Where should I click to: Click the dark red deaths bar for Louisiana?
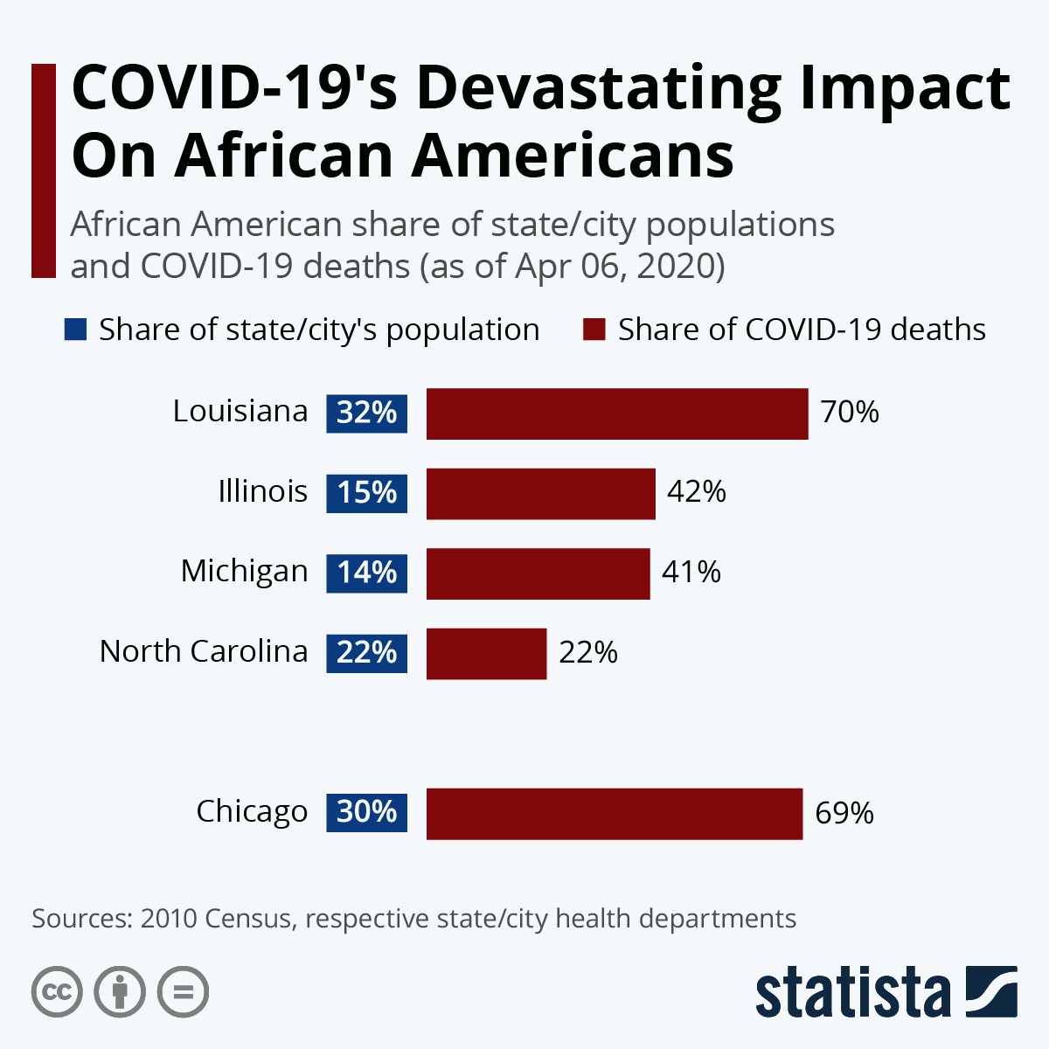pyautogui.click(x=617, y=413)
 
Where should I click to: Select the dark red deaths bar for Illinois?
pyautogui.click(x=540, y=494)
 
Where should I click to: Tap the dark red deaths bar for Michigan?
pyautogui.click(x=538, y=573)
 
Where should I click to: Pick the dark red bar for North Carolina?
pyautogui.click(x=486, y=653)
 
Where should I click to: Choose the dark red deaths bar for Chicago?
pyautogui.click(x=614, y=813)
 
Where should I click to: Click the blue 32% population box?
pyautogui.click(x=367, y=413)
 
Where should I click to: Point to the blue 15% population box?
pyautogui.click(x=367, y=493)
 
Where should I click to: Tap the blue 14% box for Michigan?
pyautogui.click(x=367, y=573)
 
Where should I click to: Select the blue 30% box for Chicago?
pyautogui.click(x=367, y=812)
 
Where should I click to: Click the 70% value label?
pyautogui.click(x=850, y=412)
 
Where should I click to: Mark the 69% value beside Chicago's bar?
pyautogui.click(x=844, y=813)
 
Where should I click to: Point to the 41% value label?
pyautogui.click(x=691, y=573)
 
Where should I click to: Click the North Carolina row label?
pyautogui.click(x=204, y=651)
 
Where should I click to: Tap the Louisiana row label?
pyautogui.click(x=240, y=411)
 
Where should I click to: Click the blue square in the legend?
pyautogui.click(x=76, y=330)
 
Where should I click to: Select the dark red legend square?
pyautogui.click(x=594, y=330)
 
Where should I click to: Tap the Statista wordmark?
pyautogui.click(x=853, y=993)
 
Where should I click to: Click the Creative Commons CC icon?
pyautogui.click(x=57, y=992)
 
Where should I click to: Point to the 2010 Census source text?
pyautogui.click(x=215, y=919)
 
